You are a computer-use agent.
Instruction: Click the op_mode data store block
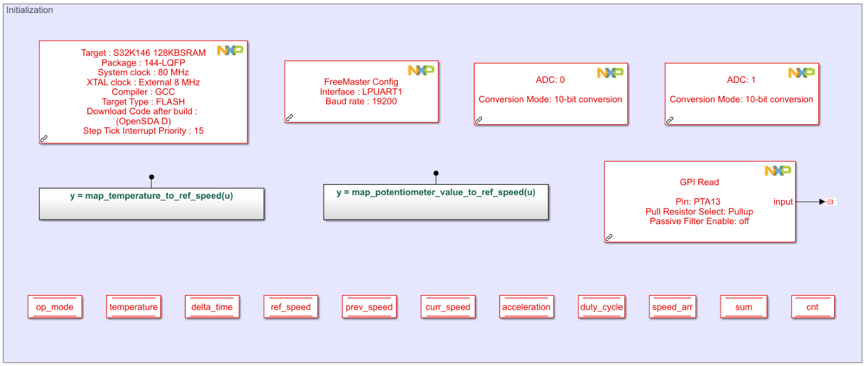point(55,307)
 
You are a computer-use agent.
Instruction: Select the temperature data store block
point(134,307)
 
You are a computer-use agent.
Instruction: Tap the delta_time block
point(212,307)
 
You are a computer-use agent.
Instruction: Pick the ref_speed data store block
point(291,307)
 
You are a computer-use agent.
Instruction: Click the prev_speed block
point(369,307)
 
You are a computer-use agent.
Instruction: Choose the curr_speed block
point(448,307)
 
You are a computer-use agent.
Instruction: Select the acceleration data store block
point(527,307)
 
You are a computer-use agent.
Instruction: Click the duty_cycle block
point(601,307)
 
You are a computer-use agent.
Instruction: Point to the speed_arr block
point(672,307)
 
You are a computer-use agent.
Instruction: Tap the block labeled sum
point(744,307)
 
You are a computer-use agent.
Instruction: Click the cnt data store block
point(812,307)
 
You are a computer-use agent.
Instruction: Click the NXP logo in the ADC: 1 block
point(801,73)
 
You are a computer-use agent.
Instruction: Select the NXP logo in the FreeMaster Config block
point(421,70)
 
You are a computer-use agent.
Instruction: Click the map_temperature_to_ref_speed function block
point(152,204)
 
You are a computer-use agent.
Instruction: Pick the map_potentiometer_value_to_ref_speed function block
point(436,201)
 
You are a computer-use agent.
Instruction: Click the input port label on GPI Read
point(783,202)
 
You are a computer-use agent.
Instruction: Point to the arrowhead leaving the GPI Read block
point(822,202)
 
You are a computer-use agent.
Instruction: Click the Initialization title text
point(30,10)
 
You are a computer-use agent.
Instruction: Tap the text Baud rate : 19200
point(361,101)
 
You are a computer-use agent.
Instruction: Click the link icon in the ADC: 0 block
point(478,120)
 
